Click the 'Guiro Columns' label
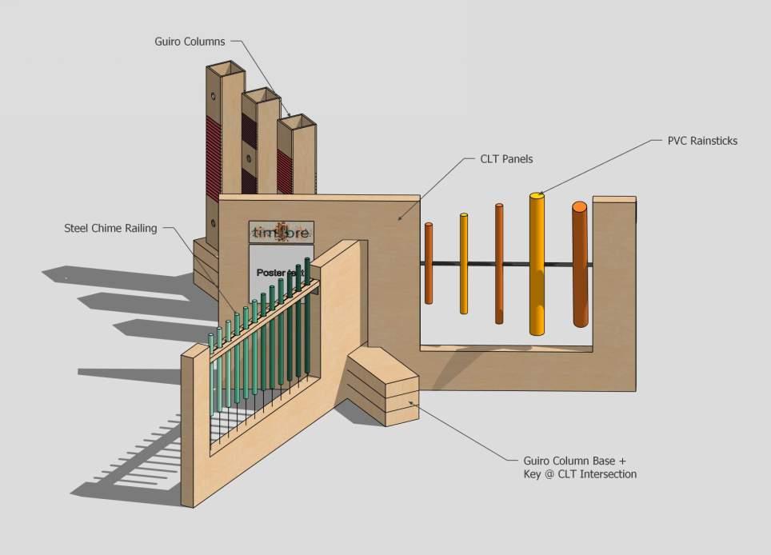tap(190, 40)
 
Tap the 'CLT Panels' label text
tap(506, 159)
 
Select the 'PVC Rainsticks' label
tap(701, 141)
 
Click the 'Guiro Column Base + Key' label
tap(580, 468)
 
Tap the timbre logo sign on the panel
tap(281, 233)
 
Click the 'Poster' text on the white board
tap(272, 273)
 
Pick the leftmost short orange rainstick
tap(429, 264)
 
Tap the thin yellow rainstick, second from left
tap(463, 264)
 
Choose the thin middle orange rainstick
tap(499, 264)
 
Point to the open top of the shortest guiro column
tap(295, 123)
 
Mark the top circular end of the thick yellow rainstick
tap(537, 195)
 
